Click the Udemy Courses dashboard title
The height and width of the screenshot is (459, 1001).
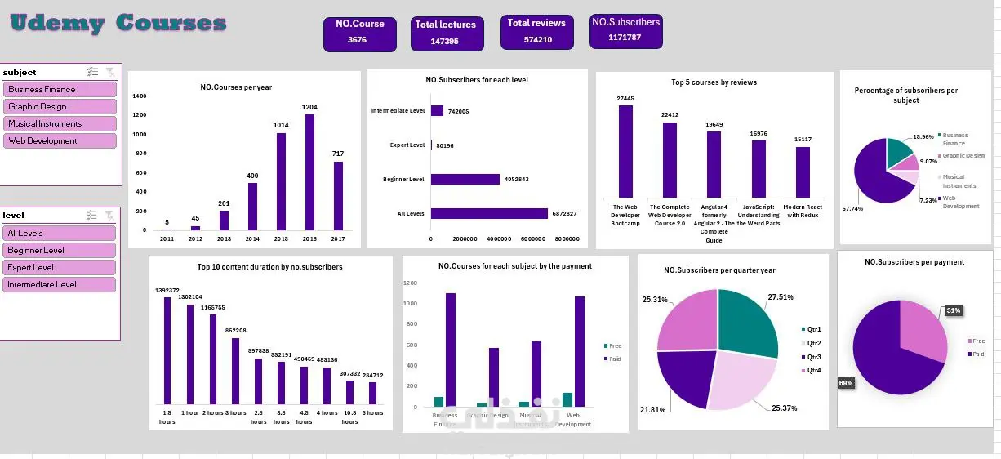tap(118, 23)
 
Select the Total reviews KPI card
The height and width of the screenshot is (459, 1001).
tap(536, 31)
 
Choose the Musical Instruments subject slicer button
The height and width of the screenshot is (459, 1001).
tap(60, 124)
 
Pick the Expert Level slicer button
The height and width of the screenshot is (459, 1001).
tap(60, 268)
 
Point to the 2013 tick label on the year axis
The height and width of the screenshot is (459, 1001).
tap(224, 239)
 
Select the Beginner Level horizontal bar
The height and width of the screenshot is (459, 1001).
tap(465, 179)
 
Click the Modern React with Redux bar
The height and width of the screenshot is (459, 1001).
tap(803, 172)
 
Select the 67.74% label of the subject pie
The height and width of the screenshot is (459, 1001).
tap(853, 208)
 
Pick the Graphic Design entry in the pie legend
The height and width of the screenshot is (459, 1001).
tap(963, 155)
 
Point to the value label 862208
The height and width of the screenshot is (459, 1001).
tap(235, 330)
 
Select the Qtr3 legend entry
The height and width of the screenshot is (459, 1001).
tap(813, 357)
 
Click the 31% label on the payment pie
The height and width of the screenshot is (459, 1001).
tap(953, 310)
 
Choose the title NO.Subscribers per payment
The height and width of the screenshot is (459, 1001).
tap(914, 262)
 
